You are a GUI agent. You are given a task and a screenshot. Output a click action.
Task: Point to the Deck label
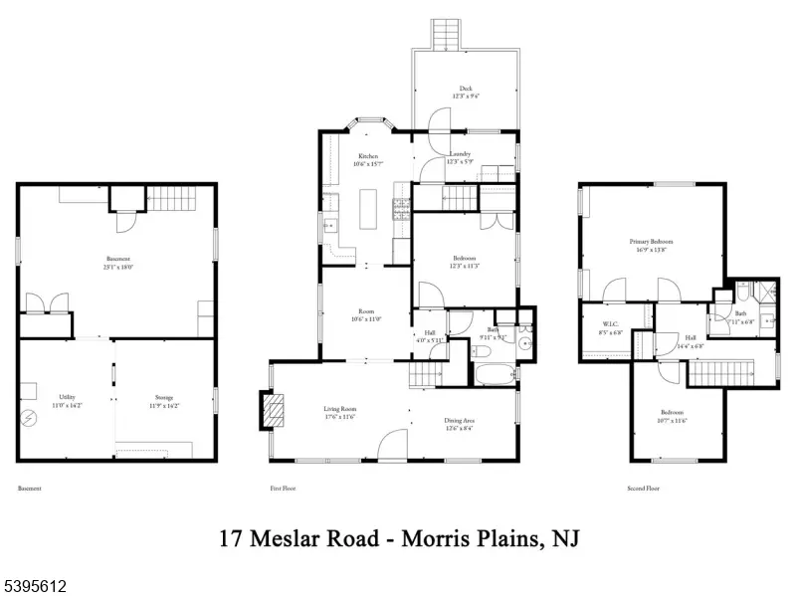click(466, 88)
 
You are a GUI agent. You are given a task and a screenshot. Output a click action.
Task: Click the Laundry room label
click(460, 154)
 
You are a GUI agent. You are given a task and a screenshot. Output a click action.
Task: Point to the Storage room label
click(163, 396)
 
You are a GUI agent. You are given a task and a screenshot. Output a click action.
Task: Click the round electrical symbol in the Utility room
click(28, 420)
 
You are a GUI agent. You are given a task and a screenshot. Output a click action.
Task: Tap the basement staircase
click(177, 199)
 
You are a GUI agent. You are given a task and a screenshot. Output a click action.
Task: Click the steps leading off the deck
click(445, 34)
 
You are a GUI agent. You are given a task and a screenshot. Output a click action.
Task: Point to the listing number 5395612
click(34, 585)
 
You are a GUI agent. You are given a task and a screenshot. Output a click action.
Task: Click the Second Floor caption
click(643, 489)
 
